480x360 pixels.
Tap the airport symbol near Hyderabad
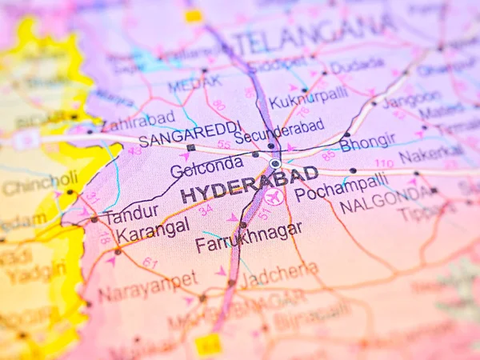(x=274, y=197)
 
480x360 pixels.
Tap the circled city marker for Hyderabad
(x=275, y=163)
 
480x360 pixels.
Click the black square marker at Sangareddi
(x=190, y=147)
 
